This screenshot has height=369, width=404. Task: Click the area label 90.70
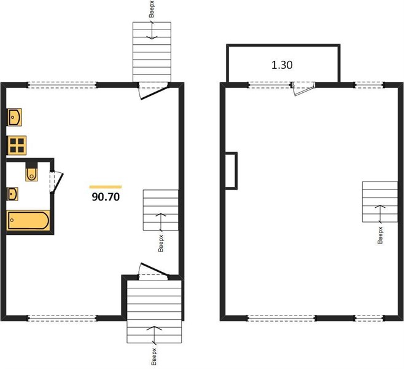coord(106,197)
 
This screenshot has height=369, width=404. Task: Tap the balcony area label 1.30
coord(282,65)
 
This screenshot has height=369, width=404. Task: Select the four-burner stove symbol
coord(17,145)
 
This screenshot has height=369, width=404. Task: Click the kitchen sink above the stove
coord(15,117)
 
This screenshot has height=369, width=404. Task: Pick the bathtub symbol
coord(28,220)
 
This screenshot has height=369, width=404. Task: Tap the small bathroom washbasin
coord(13,194)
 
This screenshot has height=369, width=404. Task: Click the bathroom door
coord(56,182)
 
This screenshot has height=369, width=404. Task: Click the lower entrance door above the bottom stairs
coord(153,271)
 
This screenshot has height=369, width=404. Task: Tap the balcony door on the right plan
coord(303,89)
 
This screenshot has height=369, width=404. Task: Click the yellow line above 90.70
coord(106,187)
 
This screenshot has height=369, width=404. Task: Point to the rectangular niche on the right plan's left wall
coord(231,171)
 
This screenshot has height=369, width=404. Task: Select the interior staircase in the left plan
coord(161,210)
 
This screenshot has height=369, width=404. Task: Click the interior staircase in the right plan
coord(380,202)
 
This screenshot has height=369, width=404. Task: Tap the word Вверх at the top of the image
coord(152,10)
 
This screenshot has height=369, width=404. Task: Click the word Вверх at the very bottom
coord(154,357)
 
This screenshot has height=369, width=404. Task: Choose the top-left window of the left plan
coord(63,85)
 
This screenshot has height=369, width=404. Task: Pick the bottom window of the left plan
coord(63,318)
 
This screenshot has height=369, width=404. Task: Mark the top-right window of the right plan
coord(369,85)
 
